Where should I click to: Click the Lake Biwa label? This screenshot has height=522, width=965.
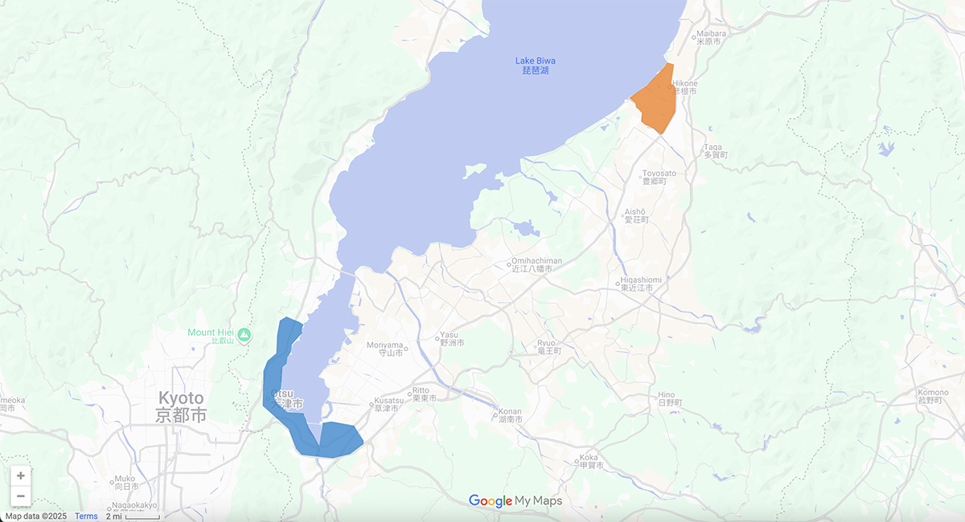pos(535,65)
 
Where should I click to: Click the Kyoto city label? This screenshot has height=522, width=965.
pos(181,406)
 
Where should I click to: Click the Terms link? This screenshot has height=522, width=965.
pos(86,516)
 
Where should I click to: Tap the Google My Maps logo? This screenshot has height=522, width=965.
pos(515,501)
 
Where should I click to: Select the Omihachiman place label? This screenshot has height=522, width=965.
pos(536,264)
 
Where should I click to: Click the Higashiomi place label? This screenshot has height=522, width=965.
pos(641,283)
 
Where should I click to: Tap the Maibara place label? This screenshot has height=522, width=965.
pos(710,37)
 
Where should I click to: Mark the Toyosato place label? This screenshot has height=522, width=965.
pos(659,177)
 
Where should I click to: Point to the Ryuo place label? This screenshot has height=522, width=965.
pos(548,347)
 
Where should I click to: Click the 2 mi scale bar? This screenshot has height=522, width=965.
pos(133,516)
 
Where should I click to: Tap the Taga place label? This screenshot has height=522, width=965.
pos(713,150)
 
